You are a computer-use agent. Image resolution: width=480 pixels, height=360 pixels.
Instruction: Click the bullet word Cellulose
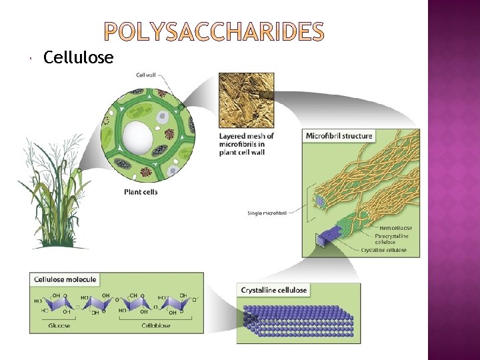(x=78, y=58)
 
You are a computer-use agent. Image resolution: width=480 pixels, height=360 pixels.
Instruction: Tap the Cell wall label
(x=147, y=75)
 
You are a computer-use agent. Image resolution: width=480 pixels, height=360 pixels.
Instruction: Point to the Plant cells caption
(x=141, y=192)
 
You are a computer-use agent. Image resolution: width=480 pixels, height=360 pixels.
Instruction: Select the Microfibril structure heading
(x=339, y=136)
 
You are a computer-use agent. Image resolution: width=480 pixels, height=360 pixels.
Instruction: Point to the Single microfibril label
(x=264, y=213)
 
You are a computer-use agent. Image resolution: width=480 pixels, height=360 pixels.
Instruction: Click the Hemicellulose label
(x=395, y=228)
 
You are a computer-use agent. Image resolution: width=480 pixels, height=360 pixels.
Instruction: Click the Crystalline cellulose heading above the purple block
(x=274, y=290)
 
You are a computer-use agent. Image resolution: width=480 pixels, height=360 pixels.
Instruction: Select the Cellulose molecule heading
(x=65, y=280)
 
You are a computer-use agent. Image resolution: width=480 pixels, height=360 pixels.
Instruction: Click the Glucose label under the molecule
(x=59, y=325)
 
